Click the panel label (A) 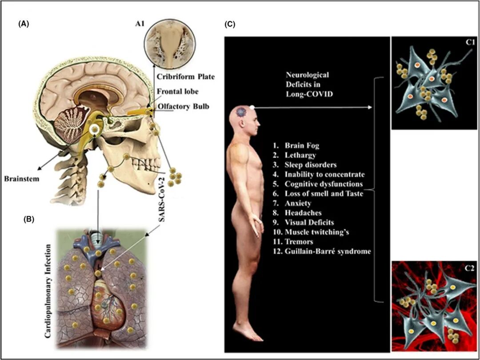tap(23, 25)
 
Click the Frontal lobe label tap(178, 92)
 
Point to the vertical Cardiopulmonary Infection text tap(50, 293)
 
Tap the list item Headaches tap(303, 213)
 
